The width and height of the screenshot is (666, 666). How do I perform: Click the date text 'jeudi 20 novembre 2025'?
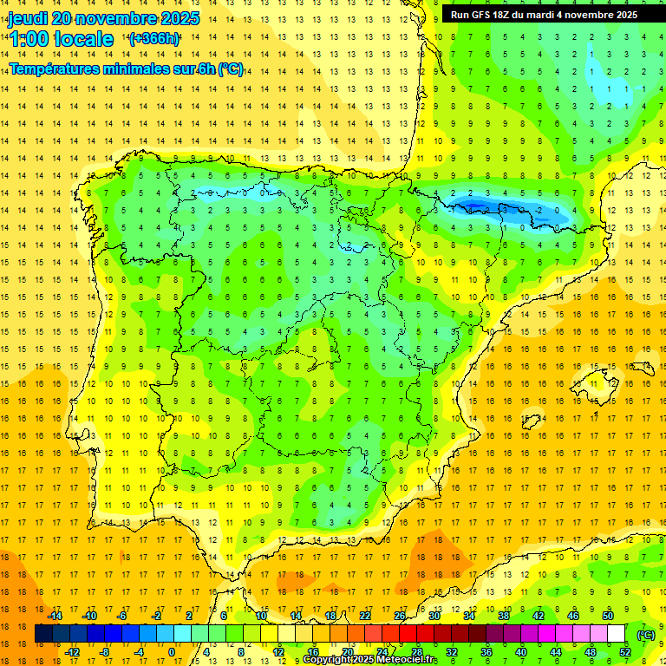[103, 18]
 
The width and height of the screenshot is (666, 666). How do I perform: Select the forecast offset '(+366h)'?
[154, 39]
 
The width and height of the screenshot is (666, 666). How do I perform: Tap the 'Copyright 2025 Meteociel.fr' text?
[369, 660]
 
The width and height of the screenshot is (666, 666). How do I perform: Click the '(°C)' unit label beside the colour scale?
[646, 635]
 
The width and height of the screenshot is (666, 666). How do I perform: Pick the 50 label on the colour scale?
[608, 616]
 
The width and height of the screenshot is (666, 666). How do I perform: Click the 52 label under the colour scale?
[625, 652]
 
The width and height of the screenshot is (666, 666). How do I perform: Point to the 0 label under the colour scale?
[172, 652]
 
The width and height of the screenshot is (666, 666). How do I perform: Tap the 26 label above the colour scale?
[400, 616]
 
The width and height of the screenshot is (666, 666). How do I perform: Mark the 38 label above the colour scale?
[504, 616]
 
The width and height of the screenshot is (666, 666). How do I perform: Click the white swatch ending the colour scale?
[617, 634]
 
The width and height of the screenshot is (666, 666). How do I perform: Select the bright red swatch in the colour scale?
[408, 634]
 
